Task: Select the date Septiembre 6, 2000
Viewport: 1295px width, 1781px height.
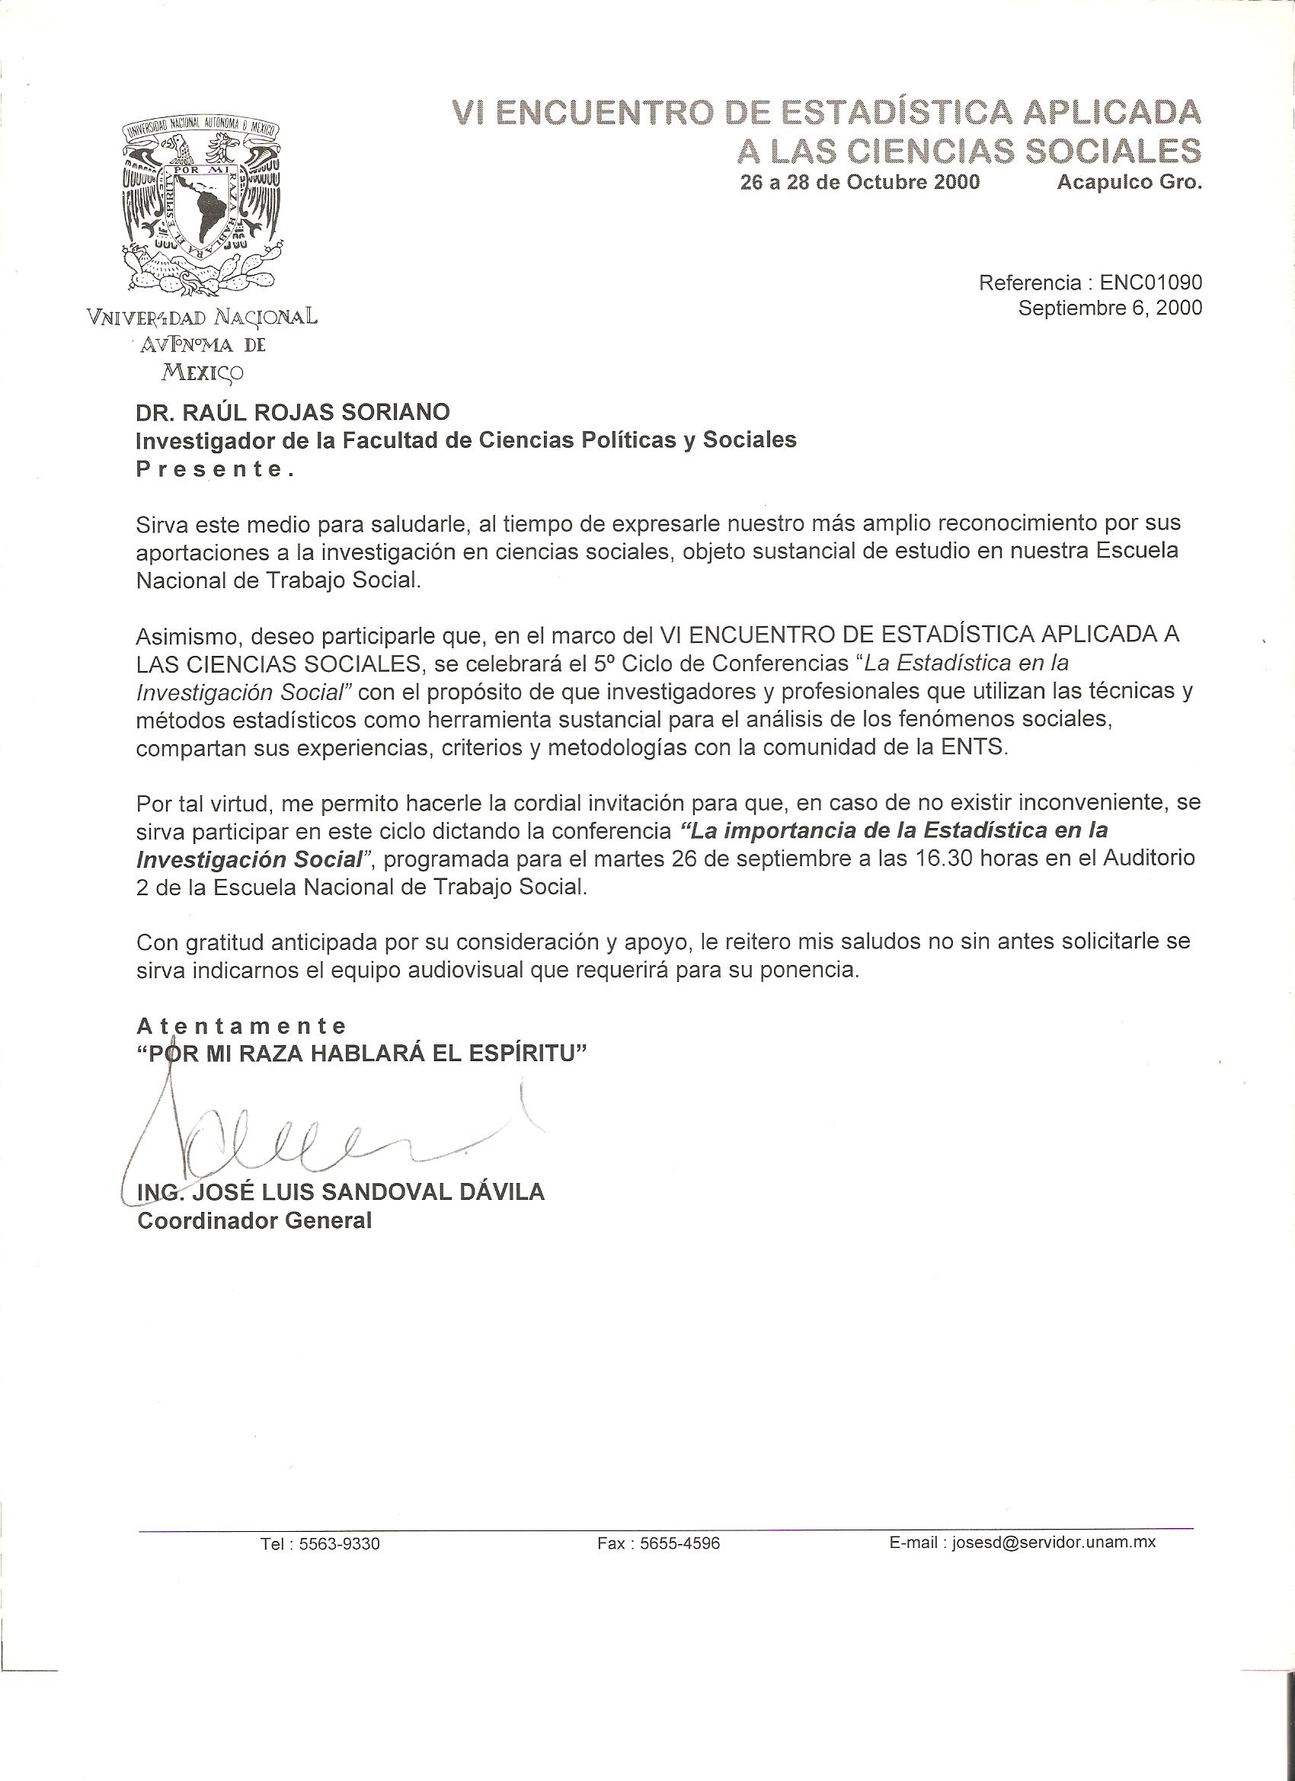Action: (x=1110, y=308)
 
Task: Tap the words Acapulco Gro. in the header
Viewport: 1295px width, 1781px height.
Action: (x=1128, y=182)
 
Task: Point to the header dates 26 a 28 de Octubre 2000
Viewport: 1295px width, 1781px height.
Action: (x=860, y=182)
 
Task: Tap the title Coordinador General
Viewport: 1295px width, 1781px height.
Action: (x=254, y=1220)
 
